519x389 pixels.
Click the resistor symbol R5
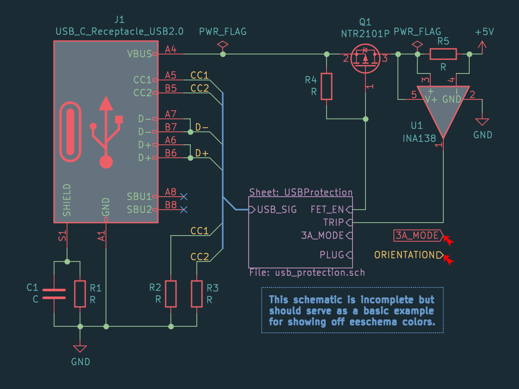(x=443, y=54)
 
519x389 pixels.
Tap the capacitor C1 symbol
(x=54, y=294)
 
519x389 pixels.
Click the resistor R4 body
(x=327, y=86)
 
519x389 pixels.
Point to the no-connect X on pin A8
(x=184, y=197)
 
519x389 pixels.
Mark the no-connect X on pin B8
(x=184, y=210)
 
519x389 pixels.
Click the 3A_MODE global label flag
(x=416, y=236)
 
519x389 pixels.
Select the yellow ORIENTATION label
(x=407, y=255)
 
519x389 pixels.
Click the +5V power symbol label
(x=484, y=33)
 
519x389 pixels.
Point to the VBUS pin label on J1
(x=139, y=54)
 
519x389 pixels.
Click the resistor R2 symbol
(x=171, y=294)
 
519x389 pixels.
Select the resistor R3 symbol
(x=197, y=294)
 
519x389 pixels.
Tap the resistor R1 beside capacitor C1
(x=80, y=294)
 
